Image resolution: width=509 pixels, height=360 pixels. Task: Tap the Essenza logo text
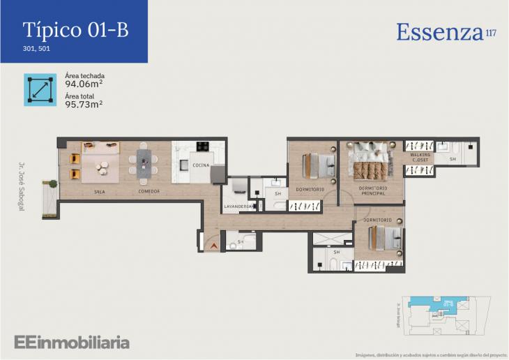tap(440, 32)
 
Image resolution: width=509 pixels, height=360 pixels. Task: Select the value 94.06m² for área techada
tap(84, 84)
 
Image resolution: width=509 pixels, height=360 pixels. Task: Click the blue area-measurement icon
tap(40, 89)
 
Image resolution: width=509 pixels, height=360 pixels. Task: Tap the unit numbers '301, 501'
tap(36, 49)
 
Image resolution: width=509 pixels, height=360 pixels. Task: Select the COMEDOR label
tap(149, 191)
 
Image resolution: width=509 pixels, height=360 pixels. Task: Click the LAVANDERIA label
tap(237, 207)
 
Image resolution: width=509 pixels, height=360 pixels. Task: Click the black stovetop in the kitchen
tap(204, 147)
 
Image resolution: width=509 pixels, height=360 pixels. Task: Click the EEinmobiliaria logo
tap(72, 342)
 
